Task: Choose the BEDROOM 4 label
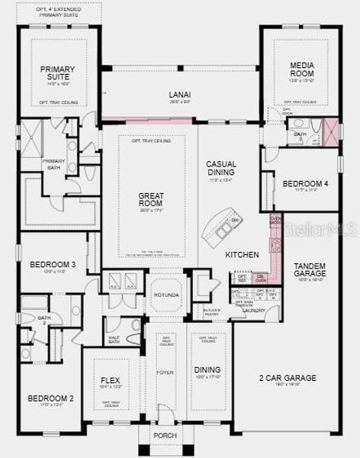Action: click(305, 183)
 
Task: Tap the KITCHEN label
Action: click(242, 254)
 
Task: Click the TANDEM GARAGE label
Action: click(310, 269)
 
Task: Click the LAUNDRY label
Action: click(253, 310)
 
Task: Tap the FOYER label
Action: click(166, 373)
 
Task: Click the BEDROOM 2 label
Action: click(50, 398)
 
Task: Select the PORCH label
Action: click(166, 435)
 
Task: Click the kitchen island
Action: click(223, 228)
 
